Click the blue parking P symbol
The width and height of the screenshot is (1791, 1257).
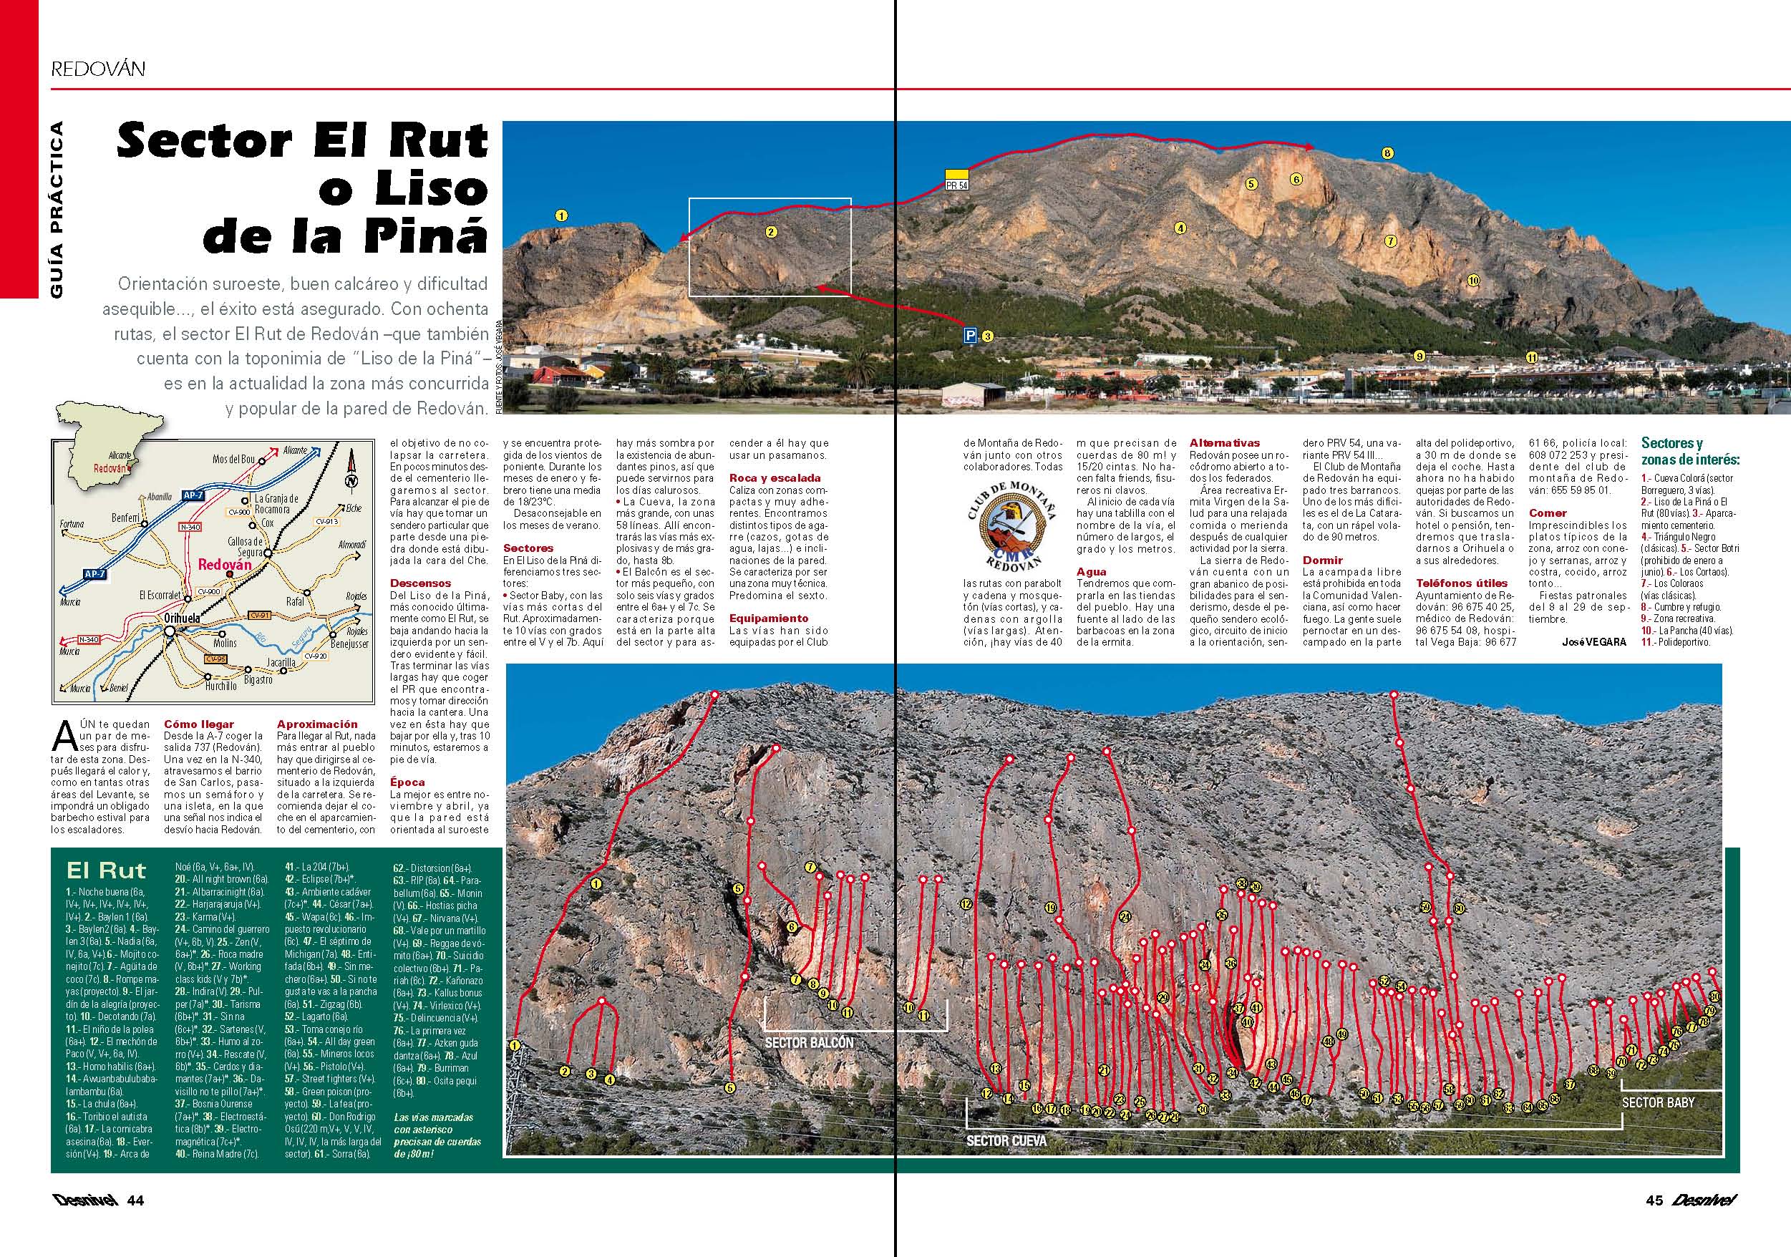[971, 336]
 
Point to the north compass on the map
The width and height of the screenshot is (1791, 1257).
[351, 477]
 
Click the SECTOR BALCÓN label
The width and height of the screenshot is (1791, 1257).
[809, 1042]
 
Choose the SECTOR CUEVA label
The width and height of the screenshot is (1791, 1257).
[1006, 1141]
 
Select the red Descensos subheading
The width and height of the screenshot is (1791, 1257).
[420, 583]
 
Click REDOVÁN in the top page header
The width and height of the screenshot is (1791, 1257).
[98, 68]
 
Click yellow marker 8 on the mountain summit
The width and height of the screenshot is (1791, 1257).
[1387, 154]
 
